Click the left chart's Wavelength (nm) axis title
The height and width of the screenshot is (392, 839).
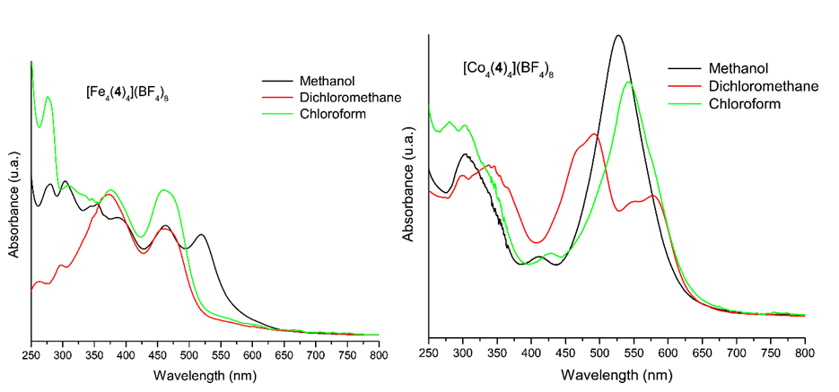[x=205, y=373]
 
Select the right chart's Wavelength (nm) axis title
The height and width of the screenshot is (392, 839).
[x=617, y=373]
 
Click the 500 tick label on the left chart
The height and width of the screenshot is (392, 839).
[x=189, y=354]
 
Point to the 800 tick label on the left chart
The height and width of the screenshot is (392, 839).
[x=379, y=354]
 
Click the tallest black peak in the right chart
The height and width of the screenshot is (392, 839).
[x=617, y=36]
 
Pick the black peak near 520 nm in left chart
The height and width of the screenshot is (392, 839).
[x=202, y=235]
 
